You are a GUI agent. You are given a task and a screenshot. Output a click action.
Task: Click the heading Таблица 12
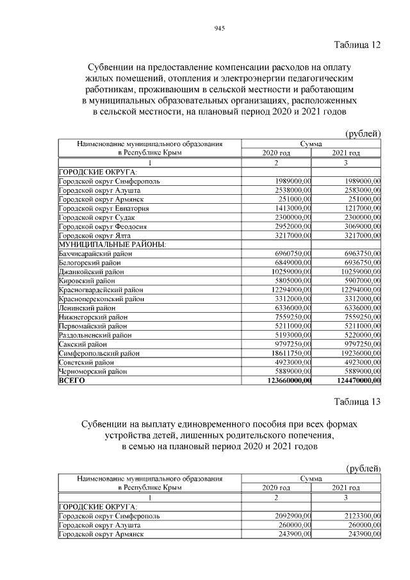(357, 44)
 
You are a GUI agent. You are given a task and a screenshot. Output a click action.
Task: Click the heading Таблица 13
(357, 402)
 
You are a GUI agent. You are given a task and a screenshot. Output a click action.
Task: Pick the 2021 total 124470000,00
(355, 381)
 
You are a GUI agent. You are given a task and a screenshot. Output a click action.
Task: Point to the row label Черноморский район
(92, 371)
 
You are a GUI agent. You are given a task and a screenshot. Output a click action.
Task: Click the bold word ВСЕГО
(72, 381)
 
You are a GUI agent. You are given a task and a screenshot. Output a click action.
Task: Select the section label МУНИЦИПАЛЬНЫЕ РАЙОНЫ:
(112, 245)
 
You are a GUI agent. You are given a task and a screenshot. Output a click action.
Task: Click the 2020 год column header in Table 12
(276, 153)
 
